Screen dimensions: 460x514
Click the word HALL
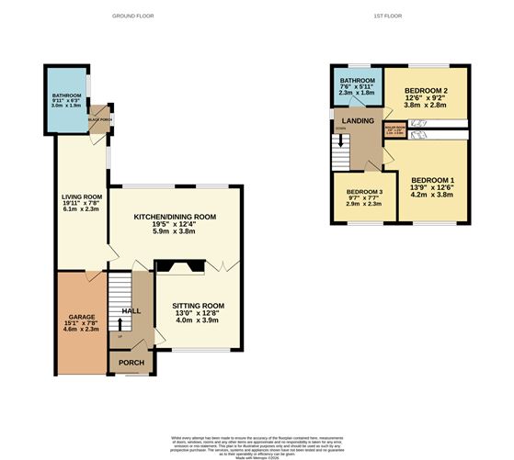pos(131,311)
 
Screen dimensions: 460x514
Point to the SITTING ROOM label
pos(199,306)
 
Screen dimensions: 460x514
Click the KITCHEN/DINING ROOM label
pos(175,217)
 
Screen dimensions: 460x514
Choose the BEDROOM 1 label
pos(432,179)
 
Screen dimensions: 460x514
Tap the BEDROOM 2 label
pos(425,90)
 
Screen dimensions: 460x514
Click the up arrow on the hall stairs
pos(120,334)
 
